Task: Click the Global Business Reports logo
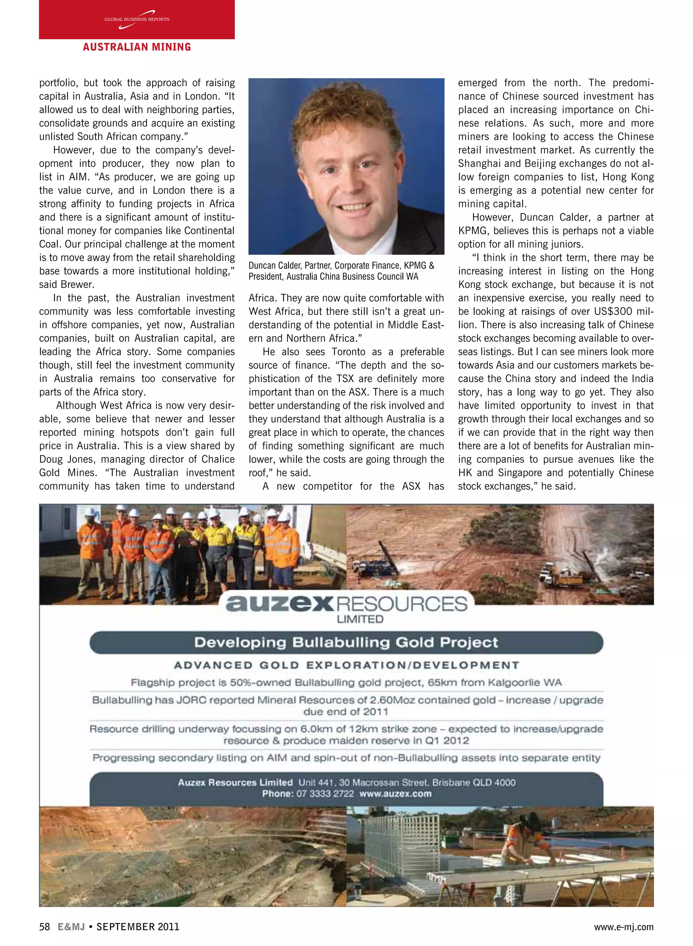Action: point(137,20)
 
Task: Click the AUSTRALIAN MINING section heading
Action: point(137,47)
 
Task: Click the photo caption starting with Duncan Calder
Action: point(341,271)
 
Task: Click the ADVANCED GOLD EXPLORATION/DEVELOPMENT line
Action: point(346,666)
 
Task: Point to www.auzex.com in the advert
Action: point(395,794)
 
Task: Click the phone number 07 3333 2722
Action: point(325,794)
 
